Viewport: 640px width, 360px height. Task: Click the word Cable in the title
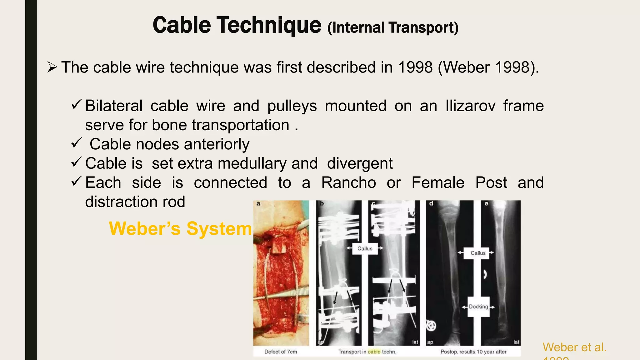point(182,25)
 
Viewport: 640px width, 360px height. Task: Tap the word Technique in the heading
point(269,25)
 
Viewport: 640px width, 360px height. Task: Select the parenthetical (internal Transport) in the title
point(393,27)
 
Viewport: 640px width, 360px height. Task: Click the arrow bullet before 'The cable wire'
point(52,67)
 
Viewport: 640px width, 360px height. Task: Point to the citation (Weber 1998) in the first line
point(488,67)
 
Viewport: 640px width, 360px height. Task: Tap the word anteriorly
point(217,144)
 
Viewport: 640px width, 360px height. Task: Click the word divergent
point(360,163)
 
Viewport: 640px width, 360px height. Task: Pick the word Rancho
point(348,182)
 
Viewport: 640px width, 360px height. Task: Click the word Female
point(438,182)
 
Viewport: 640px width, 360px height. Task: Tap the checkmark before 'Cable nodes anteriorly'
point(76,143)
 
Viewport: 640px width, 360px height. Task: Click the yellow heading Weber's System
point(180,228)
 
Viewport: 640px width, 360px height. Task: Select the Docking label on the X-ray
point(478,307)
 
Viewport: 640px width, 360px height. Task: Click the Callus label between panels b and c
point(365,248)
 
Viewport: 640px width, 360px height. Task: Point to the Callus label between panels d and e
point(478,253)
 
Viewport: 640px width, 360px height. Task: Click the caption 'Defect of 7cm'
point(281,352)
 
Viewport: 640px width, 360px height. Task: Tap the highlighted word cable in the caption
point(374,352)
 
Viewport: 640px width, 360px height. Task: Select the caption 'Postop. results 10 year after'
point(473,352)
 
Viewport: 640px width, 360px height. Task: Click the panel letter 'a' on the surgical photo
point(258,204)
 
